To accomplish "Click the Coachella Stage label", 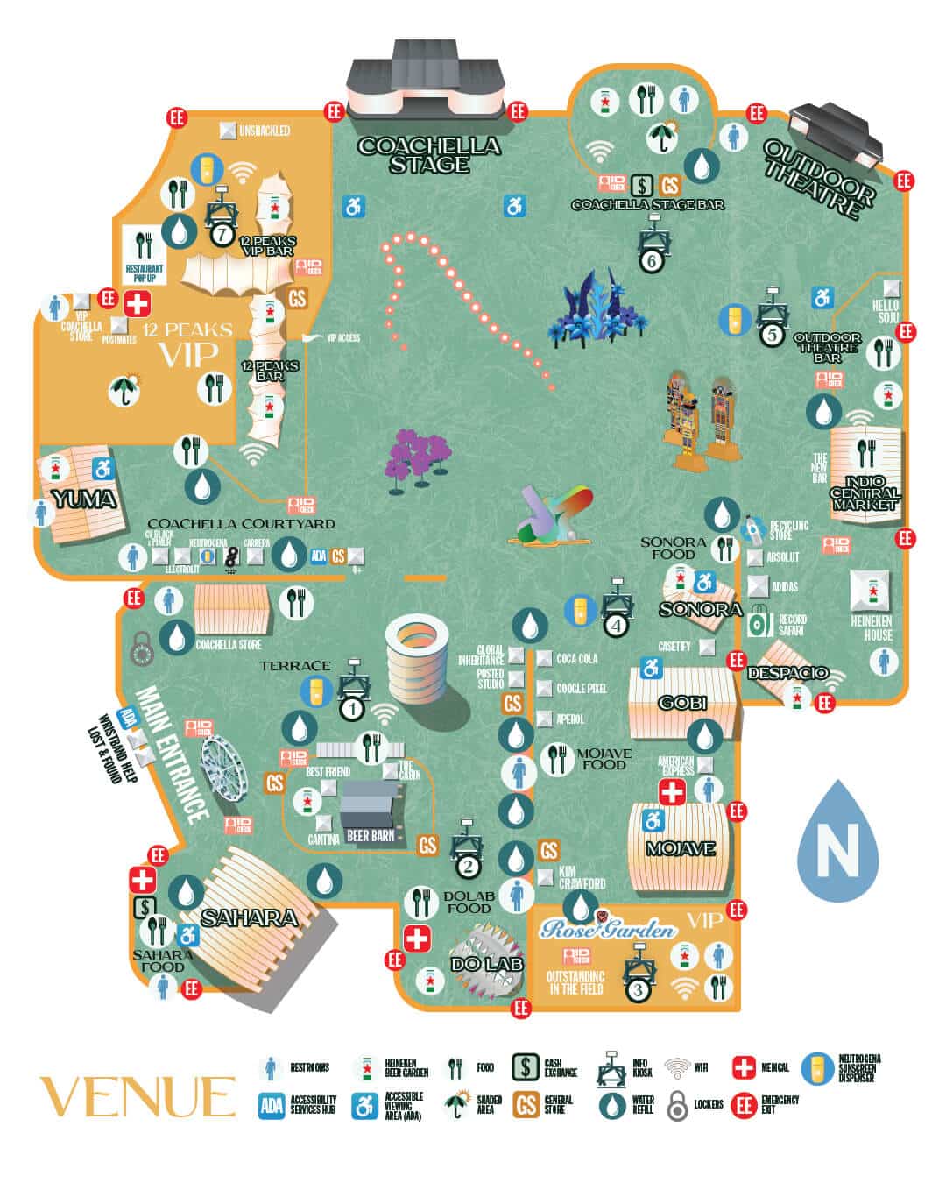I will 428,154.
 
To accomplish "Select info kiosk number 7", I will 222,234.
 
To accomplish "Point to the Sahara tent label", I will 250,917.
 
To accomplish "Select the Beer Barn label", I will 371,835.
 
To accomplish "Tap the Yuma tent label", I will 82,499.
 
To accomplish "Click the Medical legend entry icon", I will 744,1067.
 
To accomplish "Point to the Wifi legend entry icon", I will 677,1067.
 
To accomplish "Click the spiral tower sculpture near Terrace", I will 417,658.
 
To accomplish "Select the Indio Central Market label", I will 865,493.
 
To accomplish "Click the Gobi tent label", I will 682,703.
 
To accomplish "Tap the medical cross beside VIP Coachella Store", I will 136,304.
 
